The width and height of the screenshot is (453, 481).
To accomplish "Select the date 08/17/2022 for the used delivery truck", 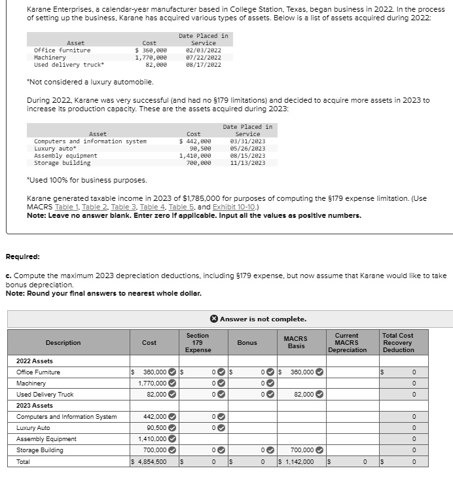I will (x=204, y=65).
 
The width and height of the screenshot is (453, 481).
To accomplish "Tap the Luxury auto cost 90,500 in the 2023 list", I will (x=198, y=149).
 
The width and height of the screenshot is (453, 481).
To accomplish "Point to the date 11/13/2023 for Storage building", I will (x=247, y=163).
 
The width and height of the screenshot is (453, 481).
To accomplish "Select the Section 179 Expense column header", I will (x=198, y=342).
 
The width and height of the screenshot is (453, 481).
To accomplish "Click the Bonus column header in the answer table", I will (x=247, y=342).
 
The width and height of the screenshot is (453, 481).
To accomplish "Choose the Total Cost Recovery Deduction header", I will (x=399, y=342).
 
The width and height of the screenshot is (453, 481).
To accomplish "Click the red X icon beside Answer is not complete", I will (x=213, y=319).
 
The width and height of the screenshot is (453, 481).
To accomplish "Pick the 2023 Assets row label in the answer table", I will (x=35, y=406).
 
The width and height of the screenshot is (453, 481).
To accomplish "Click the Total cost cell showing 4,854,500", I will (x=151, y=461).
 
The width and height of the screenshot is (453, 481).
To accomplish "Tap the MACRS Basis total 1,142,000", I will (x=298, y=461).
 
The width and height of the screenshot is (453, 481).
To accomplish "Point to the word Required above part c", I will (x=23, y=257).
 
